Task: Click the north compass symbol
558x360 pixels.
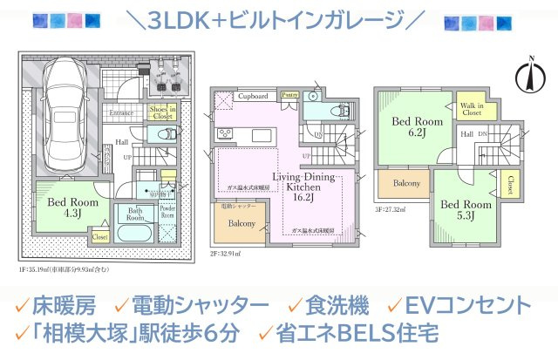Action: coord(528,76)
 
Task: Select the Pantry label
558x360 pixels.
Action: coord(290,95)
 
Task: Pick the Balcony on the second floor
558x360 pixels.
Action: coord(242,224)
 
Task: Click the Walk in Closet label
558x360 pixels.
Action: coord(472,108)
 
